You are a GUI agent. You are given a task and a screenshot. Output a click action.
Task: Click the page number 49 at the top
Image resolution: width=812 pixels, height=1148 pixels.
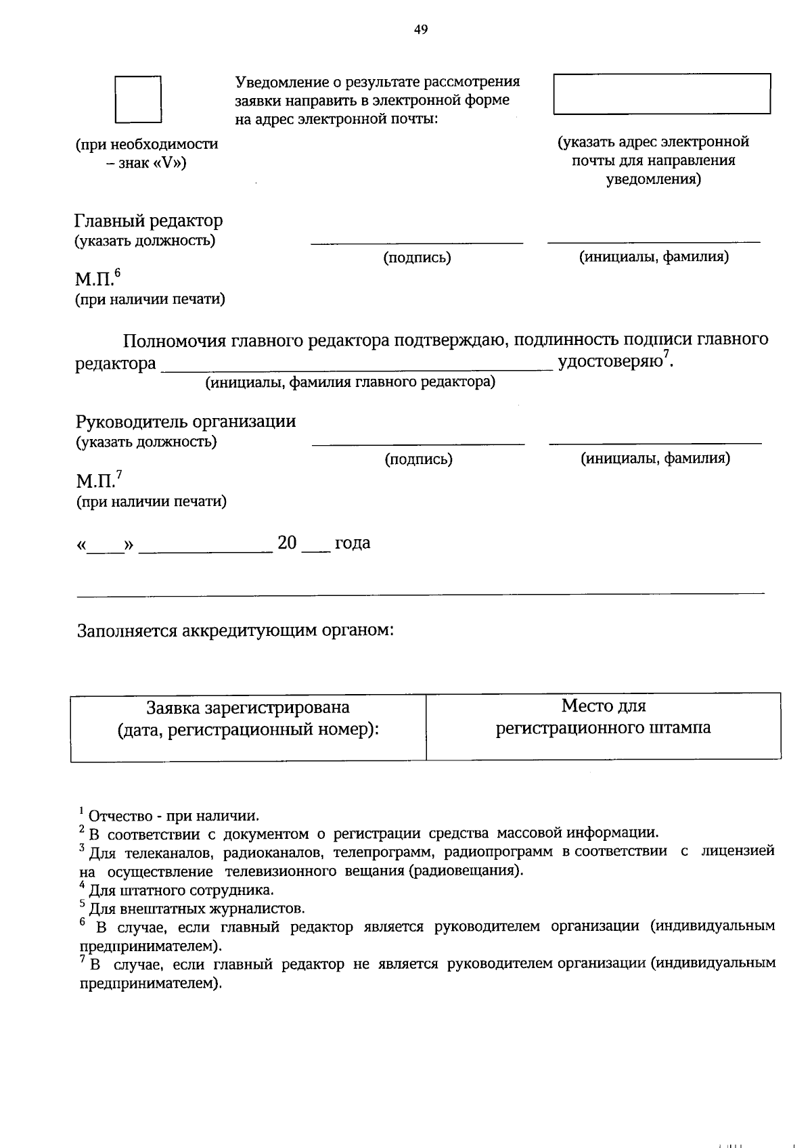420,29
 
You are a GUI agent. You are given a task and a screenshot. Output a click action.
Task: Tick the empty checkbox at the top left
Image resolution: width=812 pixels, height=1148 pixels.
138,99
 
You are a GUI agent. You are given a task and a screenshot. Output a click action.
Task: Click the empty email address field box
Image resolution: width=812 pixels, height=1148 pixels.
661,93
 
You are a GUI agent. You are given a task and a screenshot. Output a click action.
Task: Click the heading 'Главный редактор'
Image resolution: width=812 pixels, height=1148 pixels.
148,221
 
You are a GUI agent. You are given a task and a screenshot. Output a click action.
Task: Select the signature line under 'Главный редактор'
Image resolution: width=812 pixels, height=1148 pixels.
416,242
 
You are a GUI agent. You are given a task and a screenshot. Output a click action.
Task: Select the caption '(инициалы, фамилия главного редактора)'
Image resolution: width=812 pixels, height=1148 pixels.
351,382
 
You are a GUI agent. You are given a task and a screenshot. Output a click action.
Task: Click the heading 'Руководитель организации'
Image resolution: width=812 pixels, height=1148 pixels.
185,421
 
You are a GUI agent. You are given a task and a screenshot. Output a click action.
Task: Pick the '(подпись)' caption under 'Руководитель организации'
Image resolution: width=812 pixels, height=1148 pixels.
418,459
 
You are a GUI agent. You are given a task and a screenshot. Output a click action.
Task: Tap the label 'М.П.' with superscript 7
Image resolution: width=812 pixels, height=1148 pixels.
98,481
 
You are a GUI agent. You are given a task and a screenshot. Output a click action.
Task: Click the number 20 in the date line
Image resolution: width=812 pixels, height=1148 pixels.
287,543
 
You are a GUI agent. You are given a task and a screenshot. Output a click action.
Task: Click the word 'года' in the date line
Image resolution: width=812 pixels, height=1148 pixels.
353,543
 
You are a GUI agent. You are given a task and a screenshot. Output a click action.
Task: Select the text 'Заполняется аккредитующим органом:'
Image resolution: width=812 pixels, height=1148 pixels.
235,630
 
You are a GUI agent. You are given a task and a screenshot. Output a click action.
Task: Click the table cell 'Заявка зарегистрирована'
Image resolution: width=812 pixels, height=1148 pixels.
248,727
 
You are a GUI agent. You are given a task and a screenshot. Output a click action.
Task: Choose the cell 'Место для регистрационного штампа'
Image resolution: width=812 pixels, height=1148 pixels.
603,725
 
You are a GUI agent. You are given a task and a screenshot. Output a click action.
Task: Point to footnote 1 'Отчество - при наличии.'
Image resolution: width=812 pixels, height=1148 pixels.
173,816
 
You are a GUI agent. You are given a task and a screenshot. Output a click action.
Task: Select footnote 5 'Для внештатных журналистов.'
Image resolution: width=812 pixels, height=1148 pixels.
196,908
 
